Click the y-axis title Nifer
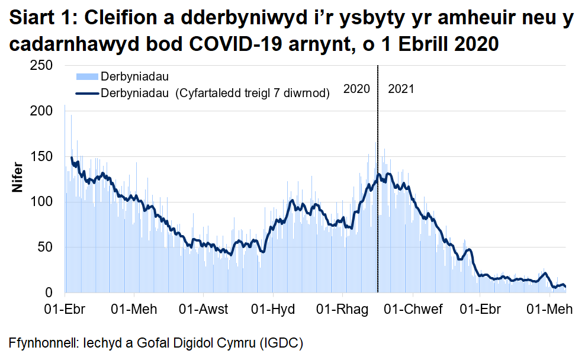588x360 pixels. click(17, 176)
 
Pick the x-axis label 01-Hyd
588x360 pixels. click(271, 310)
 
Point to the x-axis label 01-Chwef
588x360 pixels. click(413, 310)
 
